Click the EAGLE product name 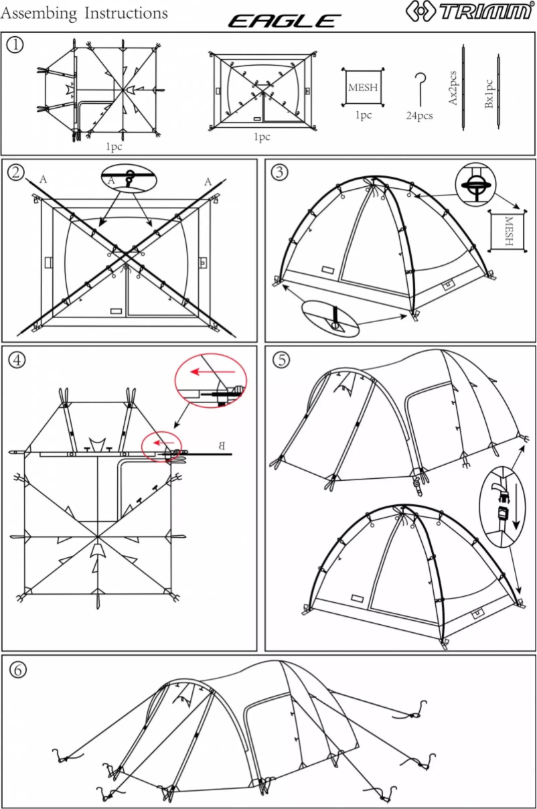click(285, 21)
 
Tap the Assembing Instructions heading click(84, 13)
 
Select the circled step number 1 click(15, 45)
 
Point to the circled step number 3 click(279, 172)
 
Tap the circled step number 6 click(16, 668)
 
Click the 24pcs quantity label click(419, 116)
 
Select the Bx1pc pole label click(489, 94)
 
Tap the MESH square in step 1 click(362, 86)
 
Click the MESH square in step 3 click(508, 232)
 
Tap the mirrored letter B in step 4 click(223, 445)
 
